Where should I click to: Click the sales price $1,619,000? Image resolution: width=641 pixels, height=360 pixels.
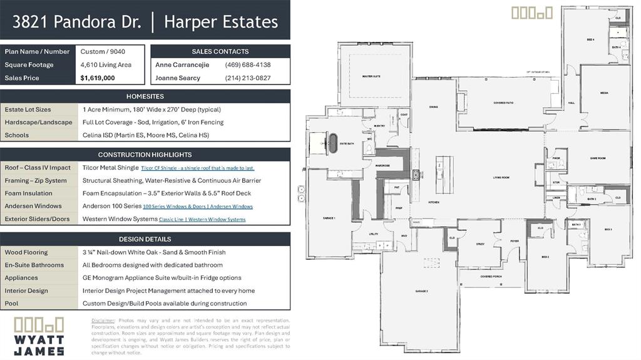click(x=98, y=78)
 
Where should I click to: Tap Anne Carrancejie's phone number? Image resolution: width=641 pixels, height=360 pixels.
click(x=247, y=64)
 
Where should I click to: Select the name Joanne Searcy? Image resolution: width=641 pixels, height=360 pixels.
click(x=177, y=78)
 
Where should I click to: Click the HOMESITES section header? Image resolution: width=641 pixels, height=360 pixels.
click(x=145, y=96)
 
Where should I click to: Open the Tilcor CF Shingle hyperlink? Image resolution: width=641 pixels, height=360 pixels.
click(x=197, y=168)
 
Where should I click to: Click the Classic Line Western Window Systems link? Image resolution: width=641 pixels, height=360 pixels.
click(x=202, y=220)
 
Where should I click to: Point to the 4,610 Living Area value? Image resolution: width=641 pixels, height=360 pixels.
click(x=106, y=64)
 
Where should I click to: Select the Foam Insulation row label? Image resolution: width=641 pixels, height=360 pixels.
click(x=28, y=193)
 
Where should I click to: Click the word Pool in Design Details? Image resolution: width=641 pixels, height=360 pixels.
click(x=12, y=304)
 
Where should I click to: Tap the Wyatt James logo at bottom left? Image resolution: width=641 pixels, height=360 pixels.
click(x=39, y=336)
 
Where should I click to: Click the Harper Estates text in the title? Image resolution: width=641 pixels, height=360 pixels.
click(x=220, y=22)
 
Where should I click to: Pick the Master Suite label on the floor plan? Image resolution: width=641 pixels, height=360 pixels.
click(x=371, y=76)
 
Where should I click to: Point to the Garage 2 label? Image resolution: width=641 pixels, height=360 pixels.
click(x=421, y=291)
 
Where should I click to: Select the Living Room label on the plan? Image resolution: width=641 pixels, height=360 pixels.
click(x=501, y=178)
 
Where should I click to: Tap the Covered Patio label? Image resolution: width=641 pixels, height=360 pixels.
click(x=503, y=103)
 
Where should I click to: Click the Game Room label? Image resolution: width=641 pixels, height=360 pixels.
click(x=599, y=158)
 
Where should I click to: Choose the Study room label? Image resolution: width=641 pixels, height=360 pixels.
click(x=480, y=244)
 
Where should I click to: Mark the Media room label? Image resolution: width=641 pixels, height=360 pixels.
click(x=604, y=93)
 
